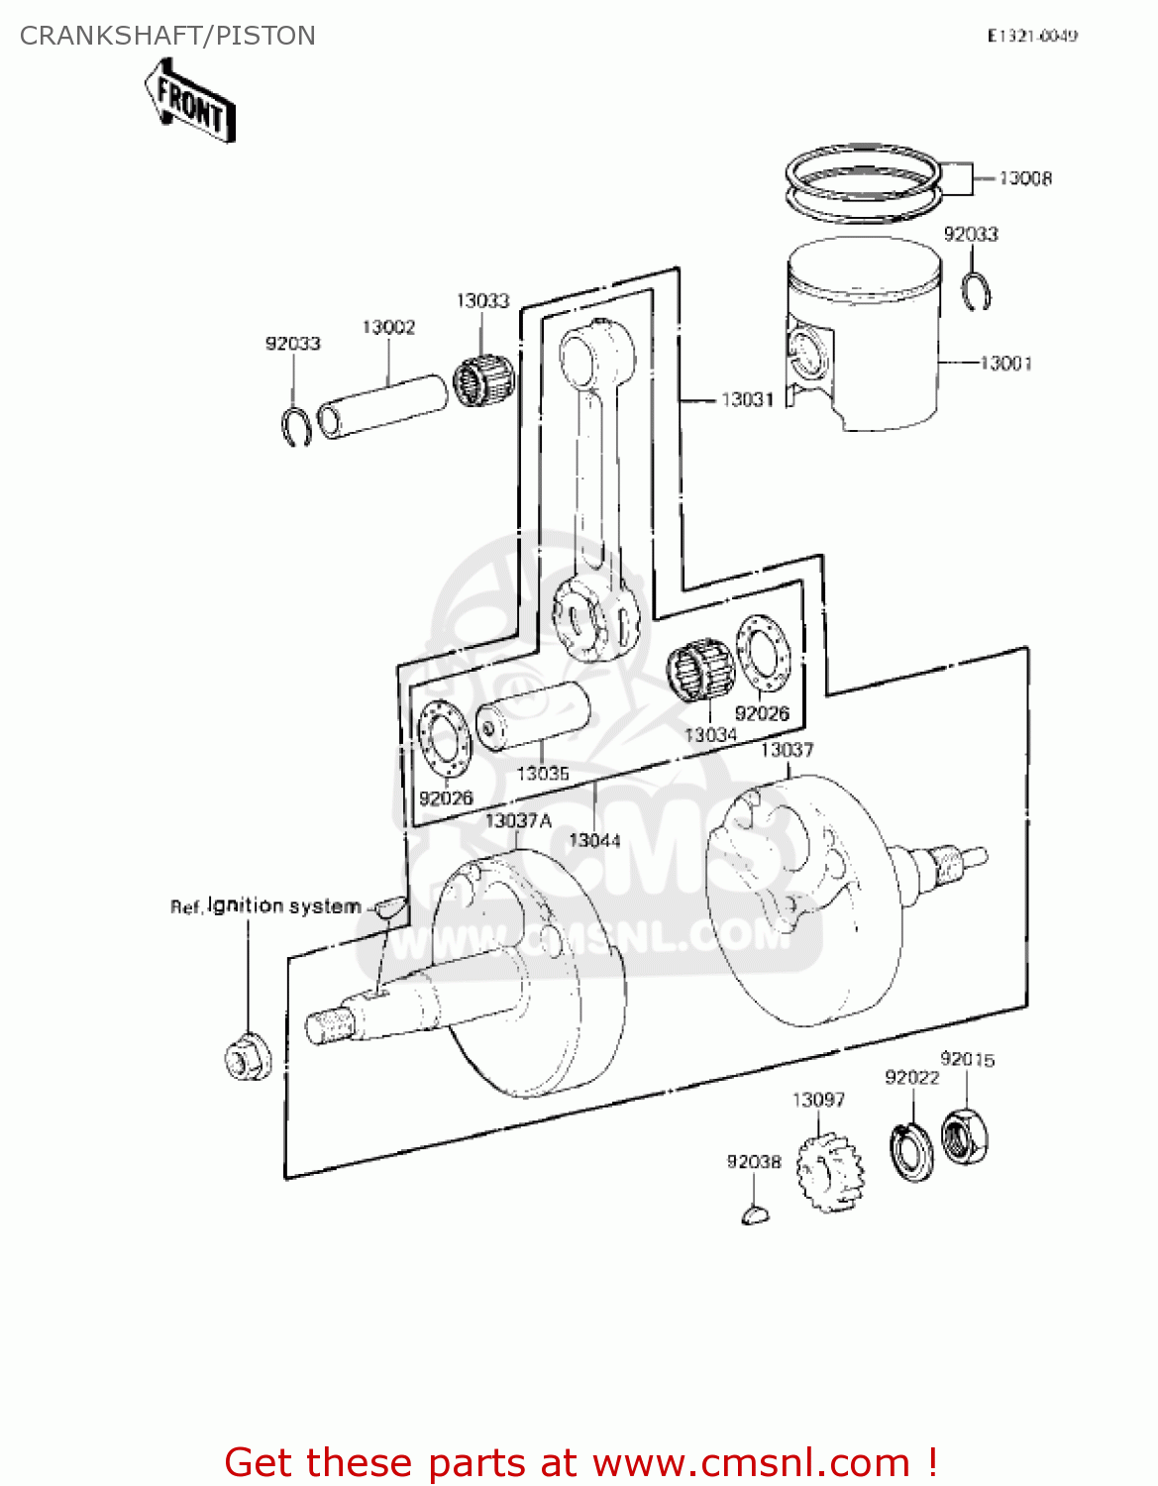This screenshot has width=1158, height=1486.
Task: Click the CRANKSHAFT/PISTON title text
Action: coord(167,36)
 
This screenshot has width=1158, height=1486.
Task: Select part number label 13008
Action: coord(1025,178)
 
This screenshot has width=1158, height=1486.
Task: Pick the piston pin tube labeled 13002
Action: coord(381,405)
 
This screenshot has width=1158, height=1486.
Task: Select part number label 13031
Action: coord(746,399)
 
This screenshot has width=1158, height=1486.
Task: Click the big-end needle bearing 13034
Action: coord(699,671)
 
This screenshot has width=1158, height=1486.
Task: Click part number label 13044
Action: coord(594,840)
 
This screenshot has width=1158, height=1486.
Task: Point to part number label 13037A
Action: coord(518,820)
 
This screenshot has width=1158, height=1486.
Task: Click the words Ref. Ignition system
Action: coord(265,905)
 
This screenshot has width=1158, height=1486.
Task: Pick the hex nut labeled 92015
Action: coord(964,1136)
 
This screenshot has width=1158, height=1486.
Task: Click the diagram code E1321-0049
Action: coord(1031,36)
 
